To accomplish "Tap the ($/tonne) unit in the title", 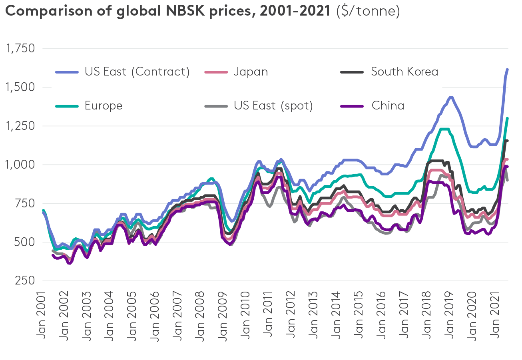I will point(368,11).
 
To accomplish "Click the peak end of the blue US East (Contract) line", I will point(507,70).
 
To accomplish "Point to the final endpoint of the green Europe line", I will point(507,118).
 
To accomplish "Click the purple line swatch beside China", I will point(352,106).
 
